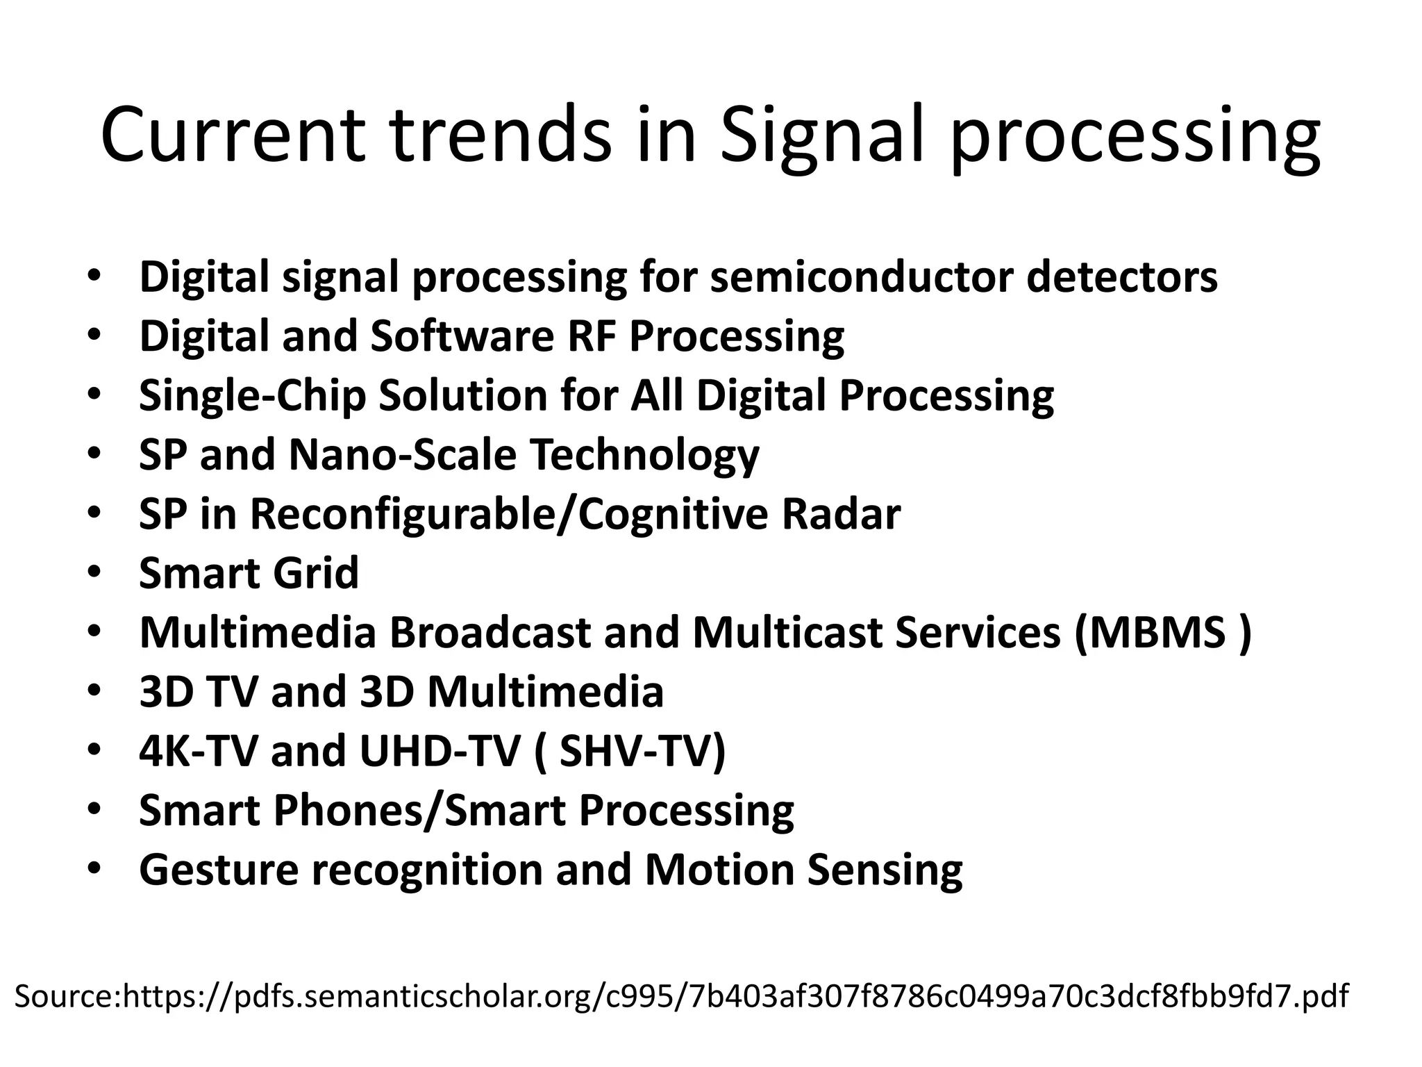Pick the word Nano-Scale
click(x=402, y=455)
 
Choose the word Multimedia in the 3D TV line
click(x=545, y=693)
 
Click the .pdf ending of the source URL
click(x=1323, y=996)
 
